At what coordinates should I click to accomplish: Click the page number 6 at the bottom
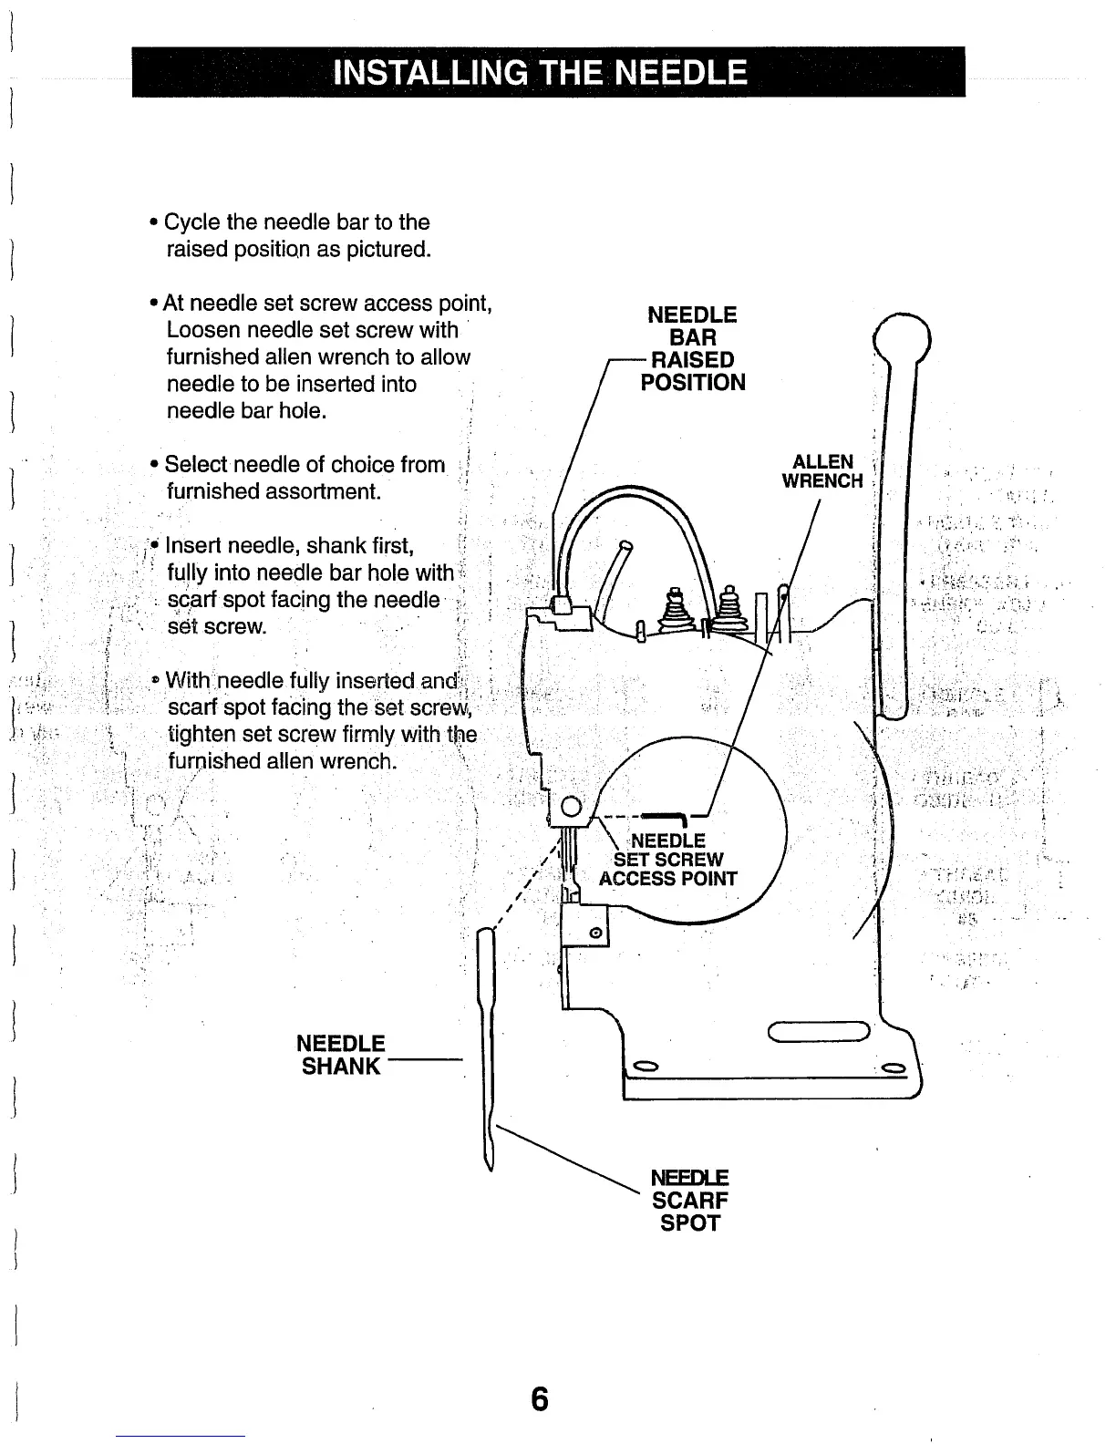pyautogui.click(x=540, y=1398)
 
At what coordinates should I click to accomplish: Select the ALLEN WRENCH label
pyautogui.click(x=822, y=471)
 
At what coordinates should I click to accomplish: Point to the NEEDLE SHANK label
pyautogui.click(x=342, y=1055)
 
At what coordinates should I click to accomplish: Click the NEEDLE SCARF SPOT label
pyautogui.click(x=690, y=1201)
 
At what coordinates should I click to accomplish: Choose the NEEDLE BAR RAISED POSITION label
pyautogui.click(x=693, y=348)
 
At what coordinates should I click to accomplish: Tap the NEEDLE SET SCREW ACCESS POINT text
pyautogui.click(x=668, y=860)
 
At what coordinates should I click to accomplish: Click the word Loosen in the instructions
pyautogui.click(x=202, y=329)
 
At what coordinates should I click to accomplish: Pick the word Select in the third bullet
pyautogui.click(x=194, y=465)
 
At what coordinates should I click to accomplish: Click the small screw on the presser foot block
pyautogui.click(x=594, y=932)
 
